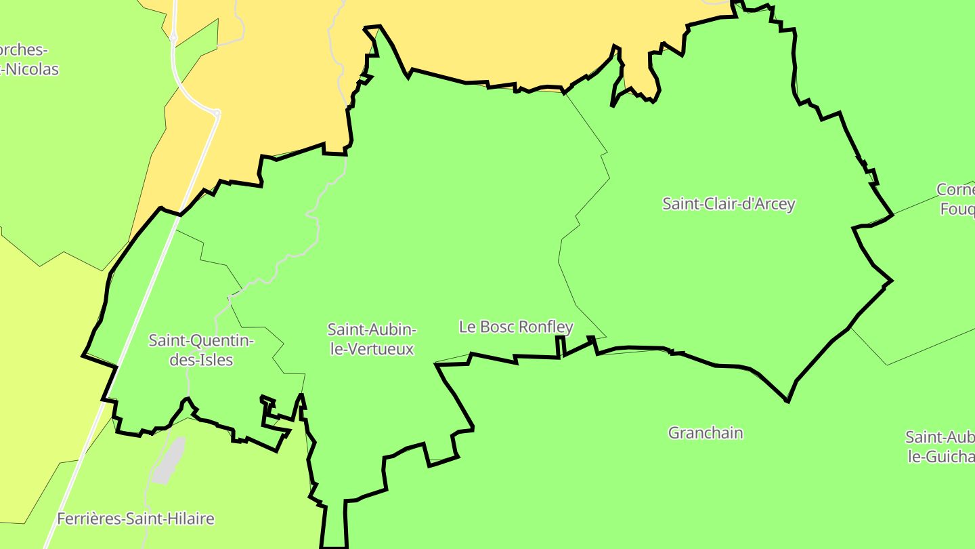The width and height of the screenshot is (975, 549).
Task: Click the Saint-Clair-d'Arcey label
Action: [729, 204]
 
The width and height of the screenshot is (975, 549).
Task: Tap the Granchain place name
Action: [706, 433]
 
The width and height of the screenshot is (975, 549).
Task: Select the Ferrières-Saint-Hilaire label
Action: [135, 519]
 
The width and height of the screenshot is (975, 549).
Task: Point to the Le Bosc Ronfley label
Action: [516, 327]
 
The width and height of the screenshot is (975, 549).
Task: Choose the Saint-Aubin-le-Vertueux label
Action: [372, 339]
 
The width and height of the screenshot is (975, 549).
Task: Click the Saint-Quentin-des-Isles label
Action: [201, 350]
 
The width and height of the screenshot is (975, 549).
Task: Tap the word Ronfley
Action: [545, 327]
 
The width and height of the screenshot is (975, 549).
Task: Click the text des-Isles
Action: [201, 361]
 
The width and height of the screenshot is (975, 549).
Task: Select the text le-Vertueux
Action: [372, 350]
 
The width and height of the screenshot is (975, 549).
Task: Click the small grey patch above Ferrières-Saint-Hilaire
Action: [169, 461]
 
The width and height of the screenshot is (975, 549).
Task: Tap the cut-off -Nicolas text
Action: [30, 69]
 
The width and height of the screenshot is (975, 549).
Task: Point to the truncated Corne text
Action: [955, 189]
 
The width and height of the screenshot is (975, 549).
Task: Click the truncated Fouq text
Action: [957, 209]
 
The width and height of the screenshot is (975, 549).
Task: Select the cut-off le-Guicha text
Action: [941, 457]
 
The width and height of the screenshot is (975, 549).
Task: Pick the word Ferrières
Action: [87, 519]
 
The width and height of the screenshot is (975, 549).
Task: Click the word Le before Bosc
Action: [467, 327]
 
